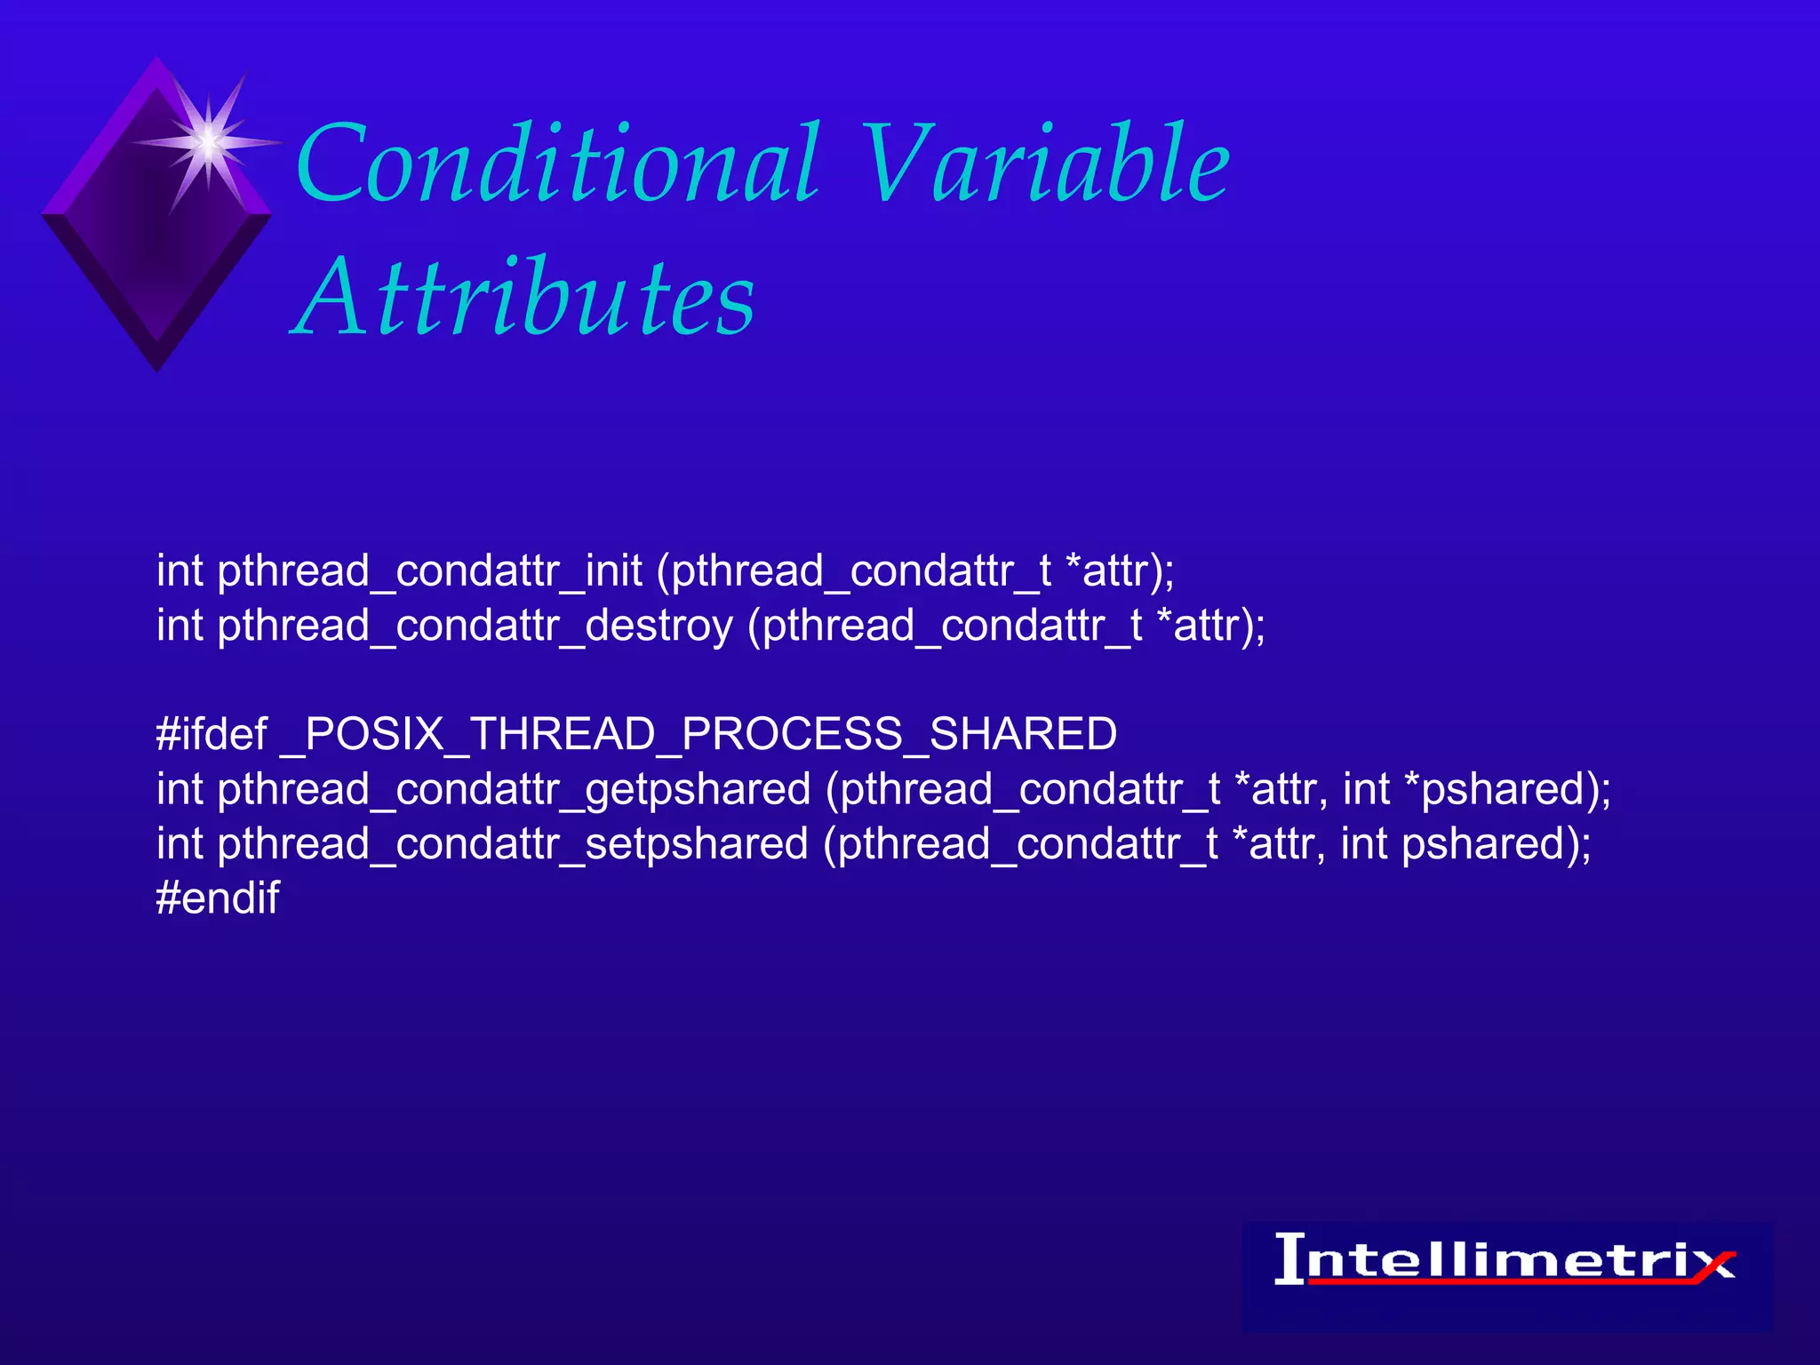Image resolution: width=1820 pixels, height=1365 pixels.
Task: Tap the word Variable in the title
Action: (1044, 164)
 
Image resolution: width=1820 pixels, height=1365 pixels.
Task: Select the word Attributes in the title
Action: (524, 298)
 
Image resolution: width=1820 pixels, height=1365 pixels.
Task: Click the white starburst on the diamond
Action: (208, 141)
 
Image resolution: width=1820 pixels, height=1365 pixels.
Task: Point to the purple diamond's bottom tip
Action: (157, 366)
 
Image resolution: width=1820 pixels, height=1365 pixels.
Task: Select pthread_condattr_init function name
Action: (429, 571)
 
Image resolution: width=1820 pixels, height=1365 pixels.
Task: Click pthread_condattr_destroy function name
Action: (475, 626)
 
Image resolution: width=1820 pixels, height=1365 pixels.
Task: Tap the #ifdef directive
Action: (212, 734)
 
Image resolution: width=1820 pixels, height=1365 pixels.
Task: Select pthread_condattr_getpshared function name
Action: (514, 789)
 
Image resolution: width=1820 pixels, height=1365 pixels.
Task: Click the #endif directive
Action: (218, 898)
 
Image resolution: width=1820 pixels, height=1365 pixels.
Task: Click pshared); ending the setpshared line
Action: (1497, 844)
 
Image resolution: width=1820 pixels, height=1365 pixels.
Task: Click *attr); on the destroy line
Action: (1210, 626)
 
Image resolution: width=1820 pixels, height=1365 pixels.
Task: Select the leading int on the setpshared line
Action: (180, 844)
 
